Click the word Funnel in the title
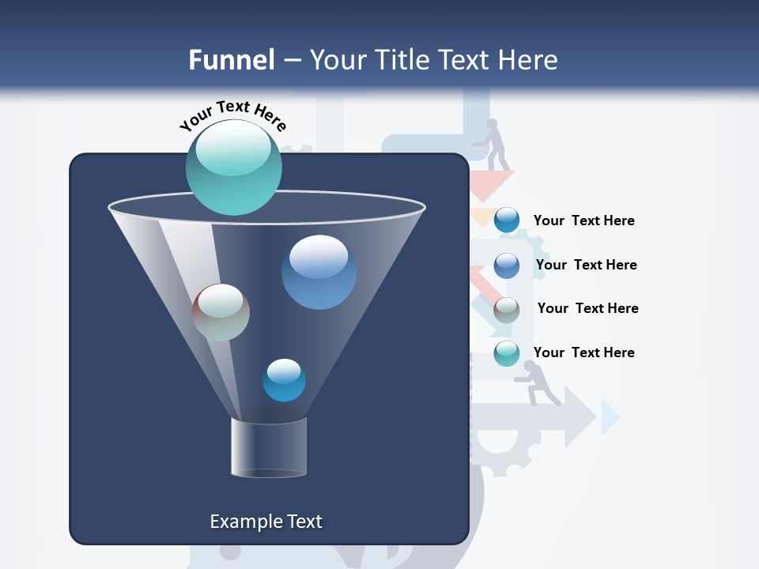[232, 60]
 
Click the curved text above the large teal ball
[232, 115]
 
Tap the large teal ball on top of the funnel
[233, 167]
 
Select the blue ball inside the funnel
[319, 272]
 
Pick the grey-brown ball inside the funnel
[221, 312]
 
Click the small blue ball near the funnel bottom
[284, 379]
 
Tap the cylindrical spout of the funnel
[269, 447]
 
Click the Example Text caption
[266, 522]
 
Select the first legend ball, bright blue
[507, 220]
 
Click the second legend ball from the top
[507, 266]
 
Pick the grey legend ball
[507, 310]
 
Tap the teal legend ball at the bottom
[507, 353]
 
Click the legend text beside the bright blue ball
[583, 221]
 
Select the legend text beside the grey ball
[587, 309]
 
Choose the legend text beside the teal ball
[583, 352]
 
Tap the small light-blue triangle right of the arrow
[609, 416]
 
